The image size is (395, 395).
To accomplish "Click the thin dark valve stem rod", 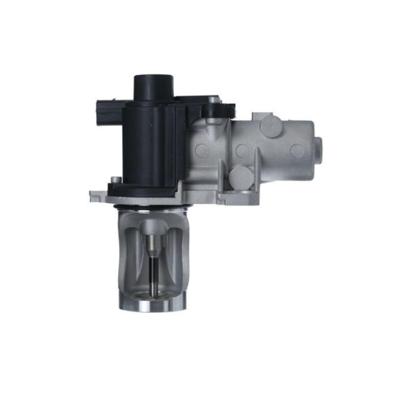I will click(154, 273).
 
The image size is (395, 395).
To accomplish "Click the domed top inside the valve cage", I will click(154, 225).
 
